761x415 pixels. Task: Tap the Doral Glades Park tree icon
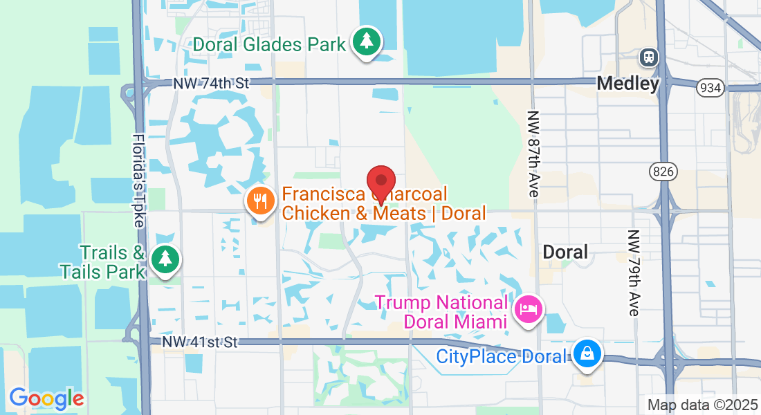click(367, 42)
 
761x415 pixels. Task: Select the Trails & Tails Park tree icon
click(165, 259)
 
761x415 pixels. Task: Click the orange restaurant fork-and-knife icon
click(260, 202)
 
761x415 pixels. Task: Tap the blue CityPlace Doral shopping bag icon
click(587, 354)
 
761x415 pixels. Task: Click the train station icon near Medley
click(649, 57)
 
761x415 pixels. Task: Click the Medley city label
click(627, 84)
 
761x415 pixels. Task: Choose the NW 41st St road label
click(200, 342)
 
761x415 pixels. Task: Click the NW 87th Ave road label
click(532, 154)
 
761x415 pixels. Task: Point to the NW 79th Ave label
click(634, 273)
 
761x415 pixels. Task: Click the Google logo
click(46, 398)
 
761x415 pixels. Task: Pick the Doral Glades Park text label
click(269, 45)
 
